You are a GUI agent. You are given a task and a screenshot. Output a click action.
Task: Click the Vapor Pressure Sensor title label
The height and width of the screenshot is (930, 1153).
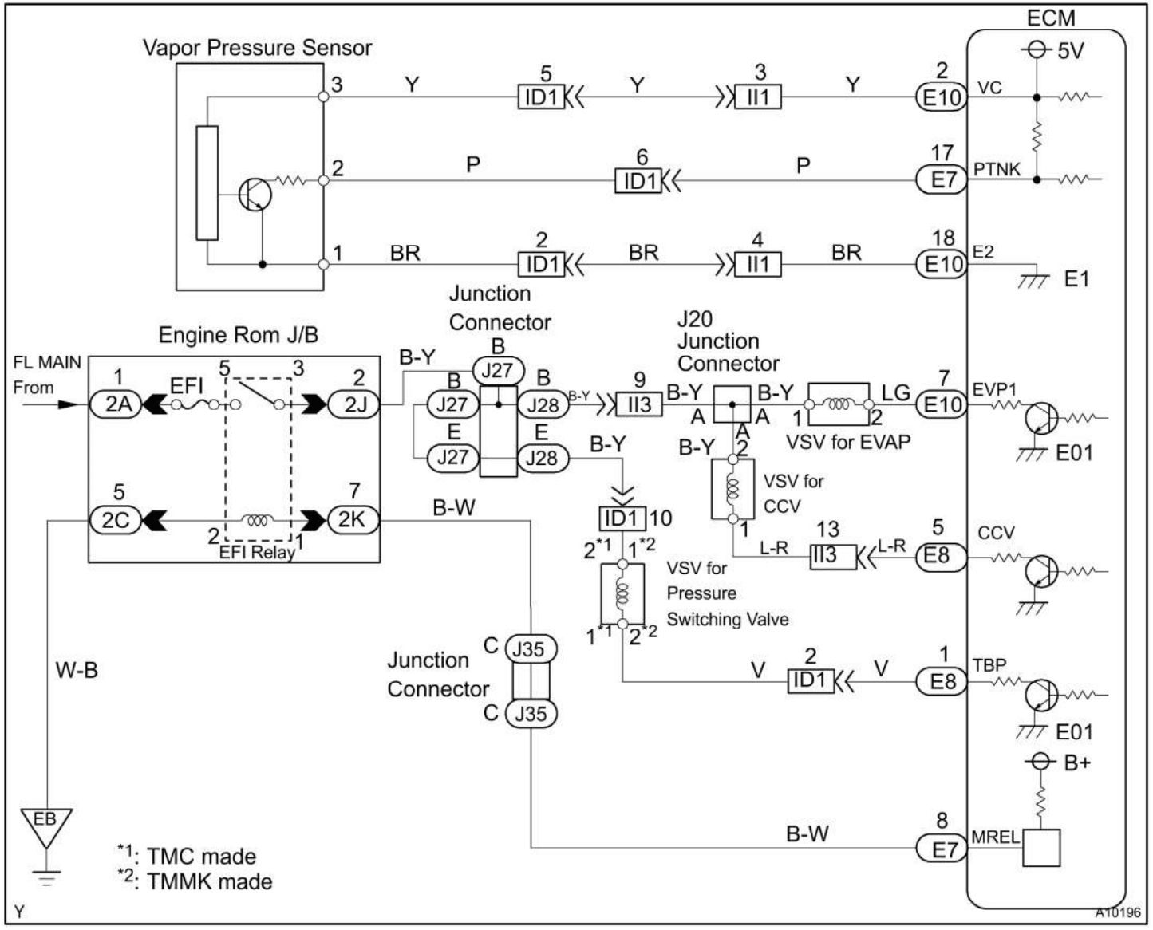[257, 48]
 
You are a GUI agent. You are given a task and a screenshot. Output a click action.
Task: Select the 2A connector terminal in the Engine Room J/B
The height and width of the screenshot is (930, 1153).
[118, 404]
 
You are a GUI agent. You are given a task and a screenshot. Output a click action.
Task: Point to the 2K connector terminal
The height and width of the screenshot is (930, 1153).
[352, 520]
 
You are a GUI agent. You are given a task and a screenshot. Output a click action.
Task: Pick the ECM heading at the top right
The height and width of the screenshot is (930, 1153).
[1050, 18]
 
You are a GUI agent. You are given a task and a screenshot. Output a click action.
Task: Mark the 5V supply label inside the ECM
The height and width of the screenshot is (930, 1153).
[1070, 51]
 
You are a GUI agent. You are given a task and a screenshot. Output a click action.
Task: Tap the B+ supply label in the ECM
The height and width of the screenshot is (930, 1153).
[1076, 763]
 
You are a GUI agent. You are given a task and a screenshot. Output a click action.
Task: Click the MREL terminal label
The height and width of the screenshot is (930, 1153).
[994, 837]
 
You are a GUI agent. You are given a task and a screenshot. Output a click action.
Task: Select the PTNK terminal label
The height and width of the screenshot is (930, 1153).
[997, 169]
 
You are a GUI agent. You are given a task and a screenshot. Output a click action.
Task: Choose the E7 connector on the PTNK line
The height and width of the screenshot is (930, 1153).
[942, 180]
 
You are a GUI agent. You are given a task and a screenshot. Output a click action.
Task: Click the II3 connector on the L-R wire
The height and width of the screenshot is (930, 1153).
[824, 556]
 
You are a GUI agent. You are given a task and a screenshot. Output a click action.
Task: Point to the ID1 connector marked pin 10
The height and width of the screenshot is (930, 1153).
[622, 518]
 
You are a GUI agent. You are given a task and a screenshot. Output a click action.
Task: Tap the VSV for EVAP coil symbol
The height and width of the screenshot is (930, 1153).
[838, 404]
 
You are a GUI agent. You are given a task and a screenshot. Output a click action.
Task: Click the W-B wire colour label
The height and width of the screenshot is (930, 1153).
[77, 670]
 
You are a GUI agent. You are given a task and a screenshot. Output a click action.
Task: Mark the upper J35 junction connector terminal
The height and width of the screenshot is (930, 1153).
[530, 649]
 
